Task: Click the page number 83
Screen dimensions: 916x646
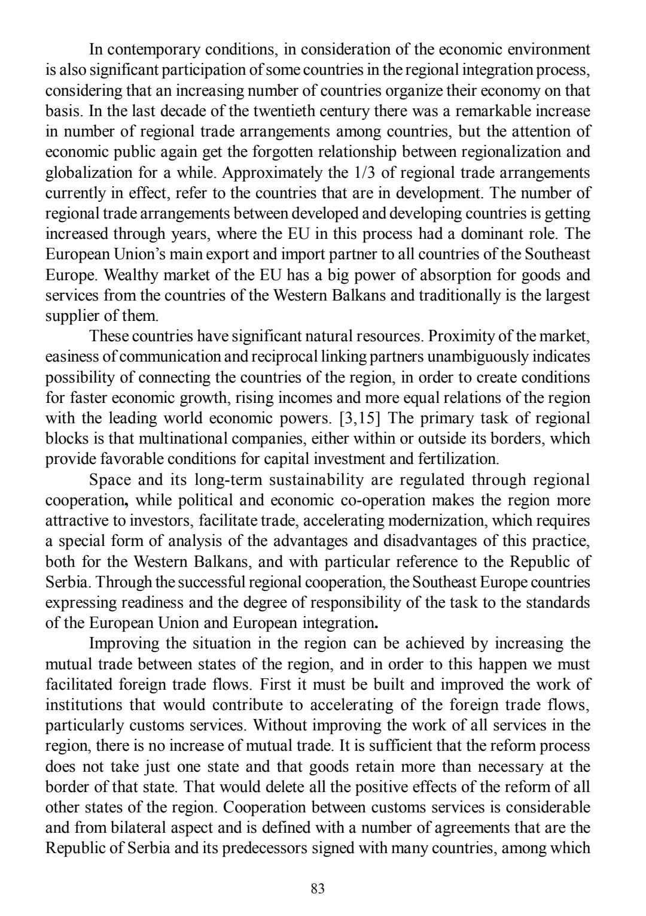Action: pos(318,889)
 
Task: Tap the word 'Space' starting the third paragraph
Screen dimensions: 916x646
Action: pos(111,480)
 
